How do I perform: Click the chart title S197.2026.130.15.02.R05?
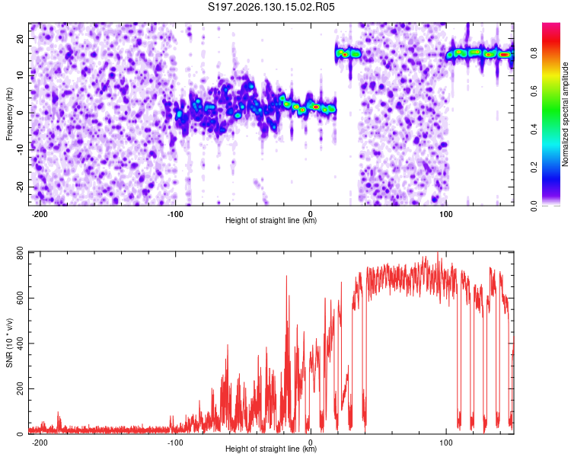pos(271,7)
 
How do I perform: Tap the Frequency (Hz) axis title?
pos(9,113)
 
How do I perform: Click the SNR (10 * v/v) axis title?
pos(9,343)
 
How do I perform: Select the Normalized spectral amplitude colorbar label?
pos(565,113)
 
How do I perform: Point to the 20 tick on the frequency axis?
pos(21,38)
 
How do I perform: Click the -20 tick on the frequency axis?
pos(21,187)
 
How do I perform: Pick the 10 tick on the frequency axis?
pos(21,75)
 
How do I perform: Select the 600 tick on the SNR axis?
pos(21,298)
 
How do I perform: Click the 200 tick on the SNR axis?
pos(21,389)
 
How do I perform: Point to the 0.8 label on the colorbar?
pos(534,53)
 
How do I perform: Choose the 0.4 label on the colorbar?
pos(534,129)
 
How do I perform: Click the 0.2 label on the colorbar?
pos(534,167)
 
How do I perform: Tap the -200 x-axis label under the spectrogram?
pos(40,214)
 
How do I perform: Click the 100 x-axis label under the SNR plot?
pos(445,443)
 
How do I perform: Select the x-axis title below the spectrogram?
pos(271,220)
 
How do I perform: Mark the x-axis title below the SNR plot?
pos(271,449)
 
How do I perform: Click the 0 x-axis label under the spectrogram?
pos(311,214)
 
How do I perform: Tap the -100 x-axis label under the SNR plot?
pos(175,443)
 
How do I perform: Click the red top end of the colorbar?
pos(551,25)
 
